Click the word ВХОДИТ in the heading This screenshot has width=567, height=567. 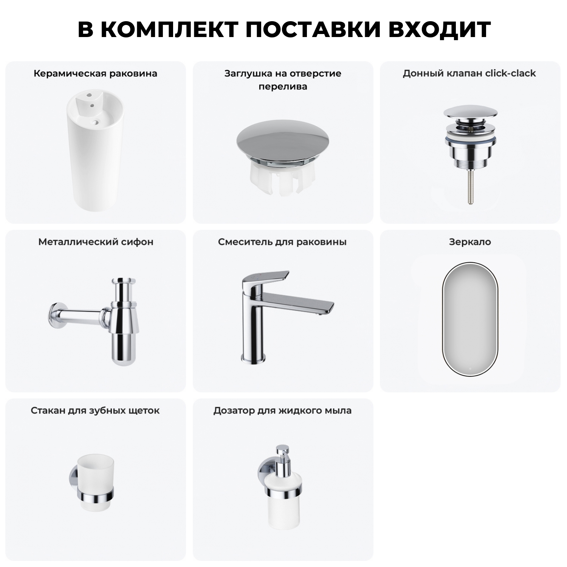439,29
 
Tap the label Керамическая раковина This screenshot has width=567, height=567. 95,73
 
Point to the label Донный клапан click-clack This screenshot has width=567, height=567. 469,73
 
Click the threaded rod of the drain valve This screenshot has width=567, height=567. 470,187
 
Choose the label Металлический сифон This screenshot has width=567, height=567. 96,242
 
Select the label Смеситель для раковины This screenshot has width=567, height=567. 282,242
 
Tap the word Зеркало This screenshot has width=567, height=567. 470,242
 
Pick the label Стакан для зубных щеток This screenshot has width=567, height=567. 95,411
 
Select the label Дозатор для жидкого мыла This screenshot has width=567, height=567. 282,411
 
